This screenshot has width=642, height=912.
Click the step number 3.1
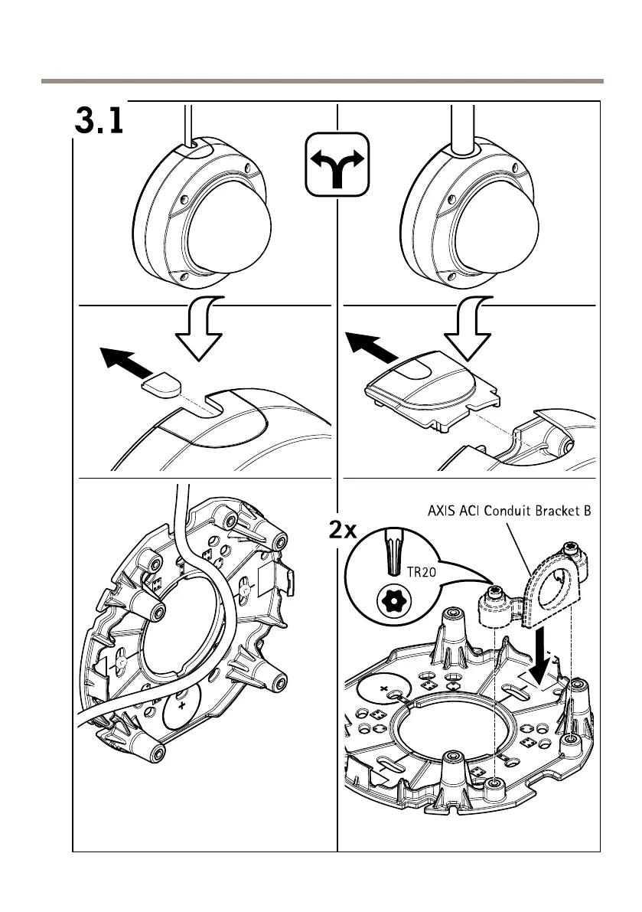click(99, 122)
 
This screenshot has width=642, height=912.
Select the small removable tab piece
click(163, 385)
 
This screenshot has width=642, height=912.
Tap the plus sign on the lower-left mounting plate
click(181, 705)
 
